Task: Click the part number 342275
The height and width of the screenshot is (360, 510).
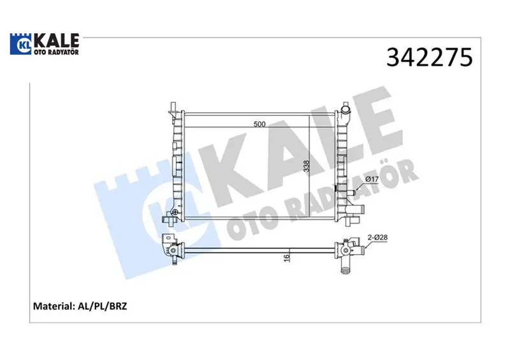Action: click(429, 57)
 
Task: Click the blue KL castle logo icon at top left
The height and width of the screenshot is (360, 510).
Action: click(20, 43)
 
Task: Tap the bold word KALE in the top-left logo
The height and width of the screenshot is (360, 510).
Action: click(56, 40)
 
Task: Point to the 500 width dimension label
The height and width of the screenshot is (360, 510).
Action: click(259, 124)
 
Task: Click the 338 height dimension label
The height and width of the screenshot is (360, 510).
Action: click(306, 166)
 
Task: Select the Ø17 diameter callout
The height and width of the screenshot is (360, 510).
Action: click(372, 179)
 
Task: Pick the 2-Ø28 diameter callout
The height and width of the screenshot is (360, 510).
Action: click(377, 238)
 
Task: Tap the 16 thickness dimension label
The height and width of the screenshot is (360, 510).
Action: click(286, 257)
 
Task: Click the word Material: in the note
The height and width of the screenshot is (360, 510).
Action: click(54, 306)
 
